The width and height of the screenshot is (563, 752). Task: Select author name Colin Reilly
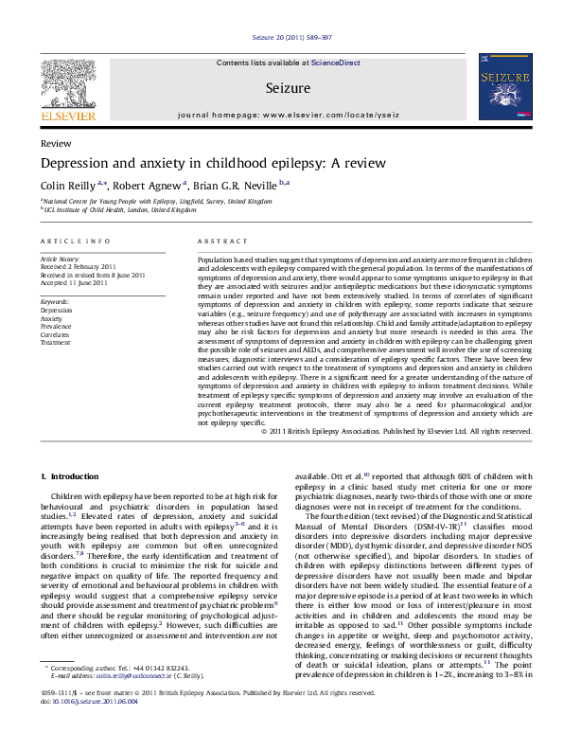66,188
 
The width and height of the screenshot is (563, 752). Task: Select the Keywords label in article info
55,301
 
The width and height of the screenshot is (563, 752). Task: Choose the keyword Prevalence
57,326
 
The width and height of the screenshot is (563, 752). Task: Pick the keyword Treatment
56,342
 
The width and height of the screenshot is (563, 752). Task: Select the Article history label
59,258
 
